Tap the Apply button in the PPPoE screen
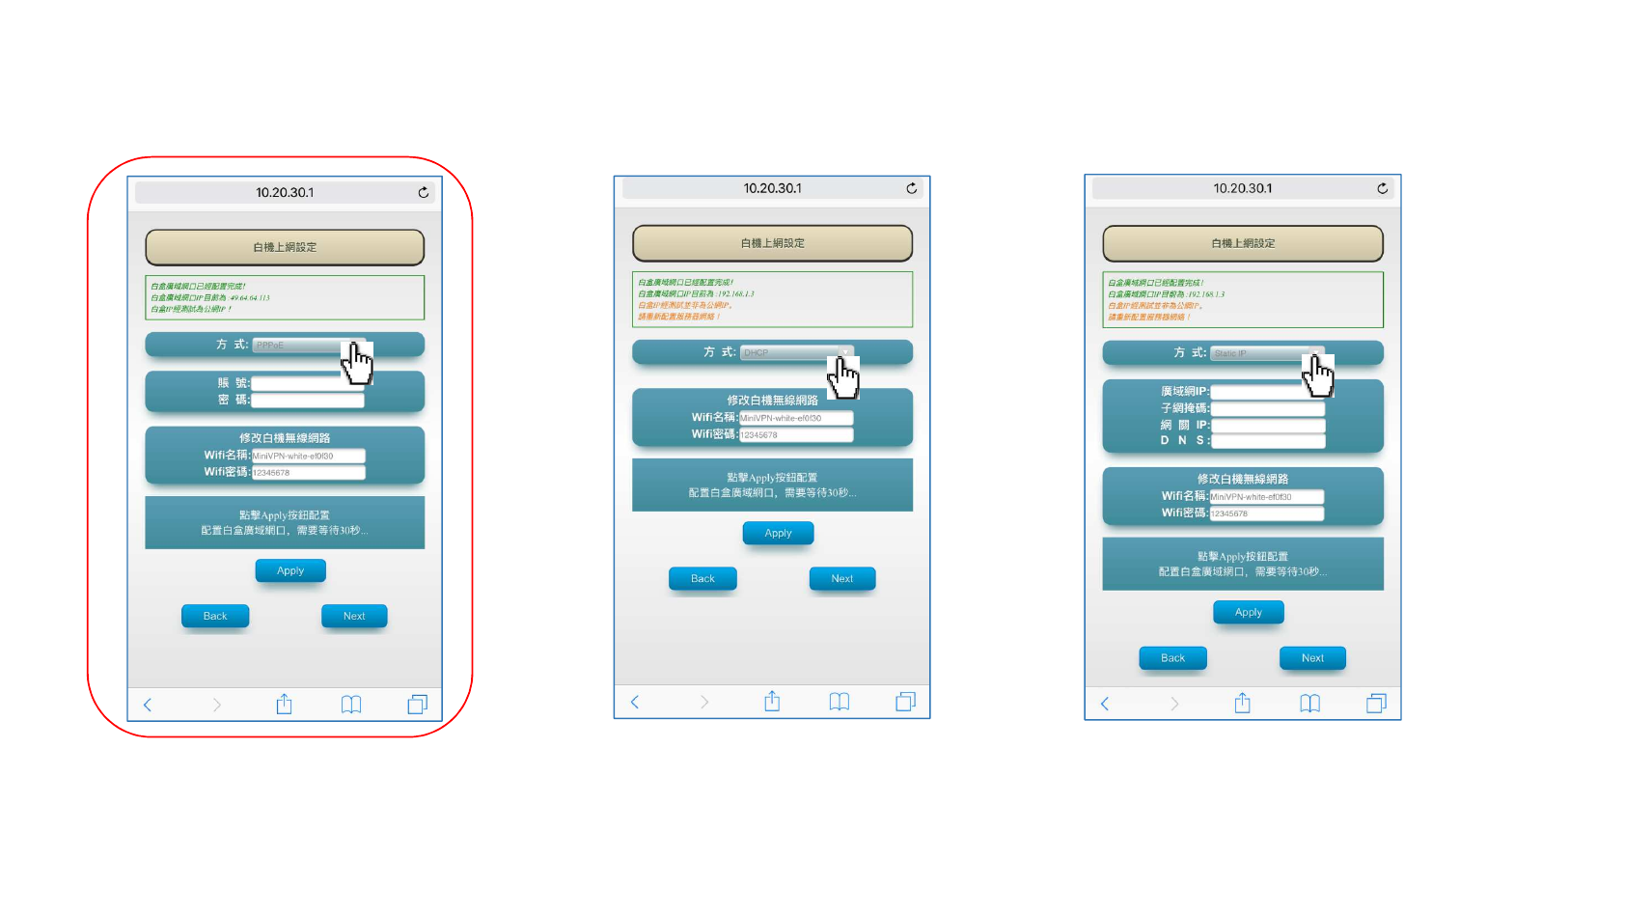coord(290,570)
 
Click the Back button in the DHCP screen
coord(702,578)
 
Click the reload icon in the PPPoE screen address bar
coord(423,193)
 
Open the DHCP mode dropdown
coord(791,352)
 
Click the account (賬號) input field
coord(307,383)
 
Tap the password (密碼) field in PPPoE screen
coord(307,400)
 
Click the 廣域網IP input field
coord(1267,392)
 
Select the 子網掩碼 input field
coord(1267,408)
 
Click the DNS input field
coord(1267,441)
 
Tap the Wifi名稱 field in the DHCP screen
coord(795,418)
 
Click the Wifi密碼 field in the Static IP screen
coord(1266,513)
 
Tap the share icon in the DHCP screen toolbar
coord(772,702)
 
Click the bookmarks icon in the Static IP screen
coord(1309,704)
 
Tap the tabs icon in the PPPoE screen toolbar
coord(417,705)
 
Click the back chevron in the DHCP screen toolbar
coord(635,702)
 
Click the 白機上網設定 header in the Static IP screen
coord(1243,243)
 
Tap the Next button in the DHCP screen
coord(842,578)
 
